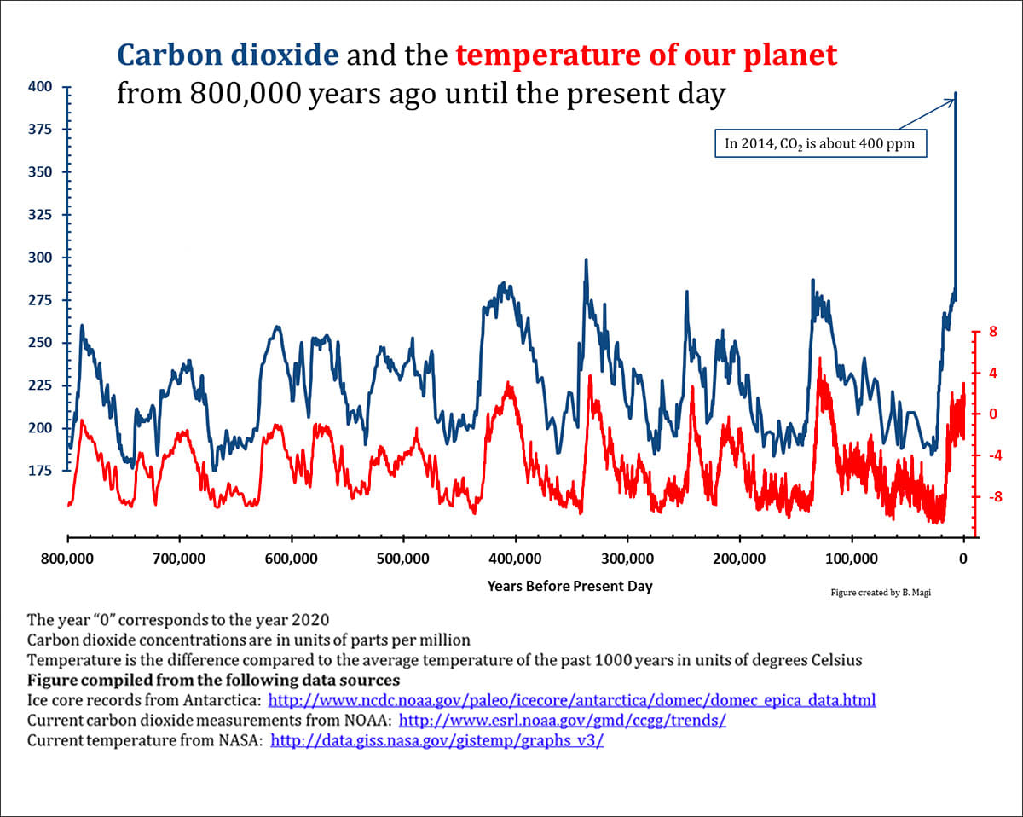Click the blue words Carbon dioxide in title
click(228, 56)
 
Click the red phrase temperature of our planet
click(646, 56)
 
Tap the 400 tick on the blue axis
click(40, 87)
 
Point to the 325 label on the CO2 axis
click(40, 215)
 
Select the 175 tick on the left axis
click(40, 471)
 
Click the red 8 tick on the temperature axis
click(991, 332)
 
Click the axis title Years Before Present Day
click(569, 586)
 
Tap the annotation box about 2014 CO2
click(818, 143)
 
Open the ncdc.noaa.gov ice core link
click(572, 701)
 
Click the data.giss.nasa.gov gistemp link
click(436, 740)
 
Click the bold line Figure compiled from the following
click(213, 681)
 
